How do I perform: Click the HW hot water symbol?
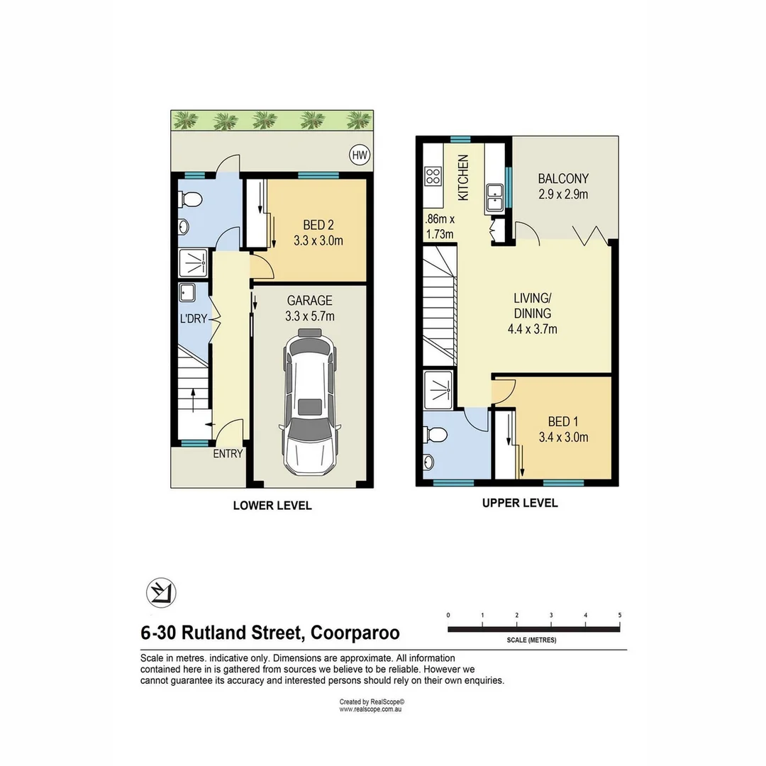coord(360,154)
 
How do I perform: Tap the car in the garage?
coord(309,402)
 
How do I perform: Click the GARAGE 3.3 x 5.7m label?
coord(310,309)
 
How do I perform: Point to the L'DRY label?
coord(193,319)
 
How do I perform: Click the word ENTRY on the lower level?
coord(228,454)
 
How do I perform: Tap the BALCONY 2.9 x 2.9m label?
coord(562,186)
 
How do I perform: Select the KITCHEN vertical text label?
coord(463,177)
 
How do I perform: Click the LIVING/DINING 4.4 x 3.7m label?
coord(533,313)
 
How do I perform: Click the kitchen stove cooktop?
coord(433,176)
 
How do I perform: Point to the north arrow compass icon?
coord(161,592)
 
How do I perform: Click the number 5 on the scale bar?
coord(619,615)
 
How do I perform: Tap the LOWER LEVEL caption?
coord(272,506)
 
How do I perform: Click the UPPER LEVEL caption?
coord(520,503)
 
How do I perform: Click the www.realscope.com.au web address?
coord(371,709)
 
